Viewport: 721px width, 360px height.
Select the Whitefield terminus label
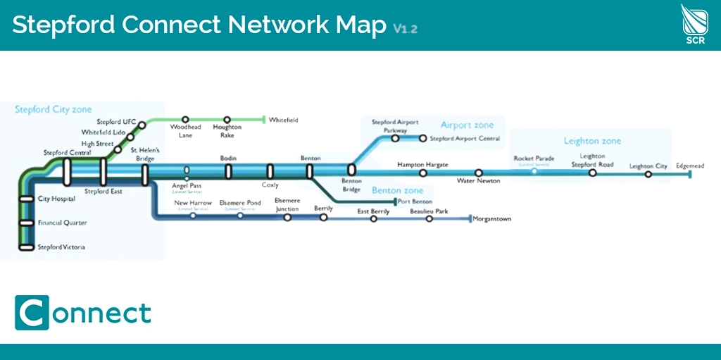(283, 120)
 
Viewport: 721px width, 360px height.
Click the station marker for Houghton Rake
(227, 120)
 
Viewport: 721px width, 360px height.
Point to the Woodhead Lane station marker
(185, 120)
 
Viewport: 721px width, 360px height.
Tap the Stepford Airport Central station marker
(422, 138)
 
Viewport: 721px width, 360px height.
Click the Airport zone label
(467, 125)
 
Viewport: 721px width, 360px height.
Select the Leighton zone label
(592, 141)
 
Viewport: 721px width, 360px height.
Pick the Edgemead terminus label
(689, 166)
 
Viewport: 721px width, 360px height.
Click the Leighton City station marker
(648, 174)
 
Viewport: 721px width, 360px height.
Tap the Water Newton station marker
(479, 173)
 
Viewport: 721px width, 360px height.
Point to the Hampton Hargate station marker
(422, 173)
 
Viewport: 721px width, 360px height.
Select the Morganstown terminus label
(492, 219)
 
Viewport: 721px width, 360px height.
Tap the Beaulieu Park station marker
(430, 219)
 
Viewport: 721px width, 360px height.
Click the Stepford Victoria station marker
(27, 247)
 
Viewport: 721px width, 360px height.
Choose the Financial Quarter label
(63, 223)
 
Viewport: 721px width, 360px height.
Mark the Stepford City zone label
(54, 110)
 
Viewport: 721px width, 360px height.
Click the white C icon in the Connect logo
(32, 312)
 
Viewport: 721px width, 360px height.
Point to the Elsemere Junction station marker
(287, 218)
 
